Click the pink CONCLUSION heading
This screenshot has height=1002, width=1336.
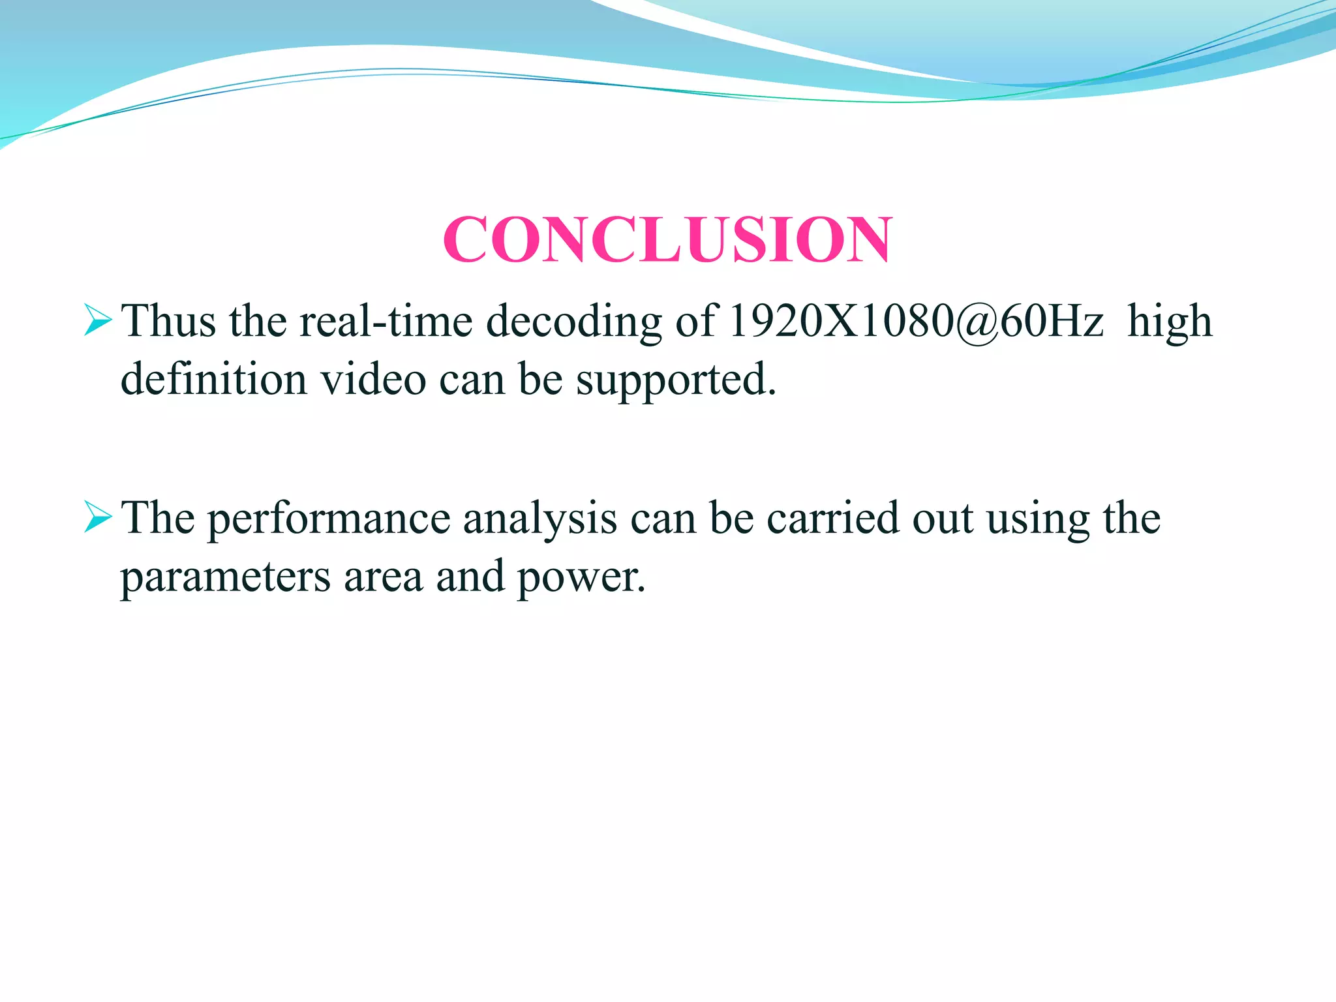(x=667, y=239)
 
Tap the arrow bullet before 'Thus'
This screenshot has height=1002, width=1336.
(x=98, y=322)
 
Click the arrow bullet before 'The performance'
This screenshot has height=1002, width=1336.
(x=98, y=519)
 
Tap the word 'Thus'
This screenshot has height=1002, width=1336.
(x=169, y=321)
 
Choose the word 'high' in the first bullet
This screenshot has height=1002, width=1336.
(x=1170, y=322)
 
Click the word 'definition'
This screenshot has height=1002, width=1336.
(x=214, y=379)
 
